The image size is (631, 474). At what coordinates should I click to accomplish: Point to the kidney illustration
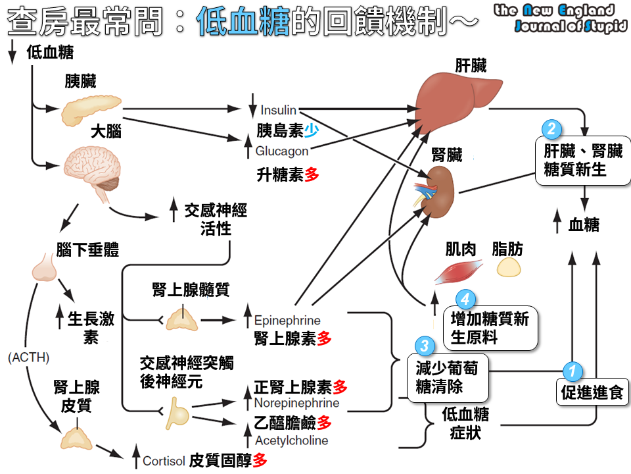point(437,192)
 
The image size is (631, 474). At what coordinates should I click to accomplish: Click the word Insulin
point(278,110)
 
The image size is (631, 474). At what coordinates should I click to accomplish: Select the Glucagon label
point(282,151)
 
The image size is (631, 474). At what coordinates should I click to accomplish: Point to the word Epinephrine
point(287,321)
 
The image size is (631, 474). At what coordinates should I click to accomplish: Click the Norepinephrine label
point(296,403)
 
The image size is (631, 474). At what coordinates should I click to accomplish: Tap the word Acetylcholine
point(291,440)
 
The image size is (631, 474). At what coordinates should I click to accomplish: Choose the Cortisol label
point(164,461)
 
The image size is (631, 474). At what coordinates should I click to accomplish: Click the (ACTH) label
point(29,357)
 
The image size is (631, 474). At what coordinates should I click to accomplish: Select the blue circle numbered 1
point(572,371)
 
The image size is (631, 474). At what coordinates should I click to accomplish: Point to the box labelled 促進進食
point(592,393)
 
